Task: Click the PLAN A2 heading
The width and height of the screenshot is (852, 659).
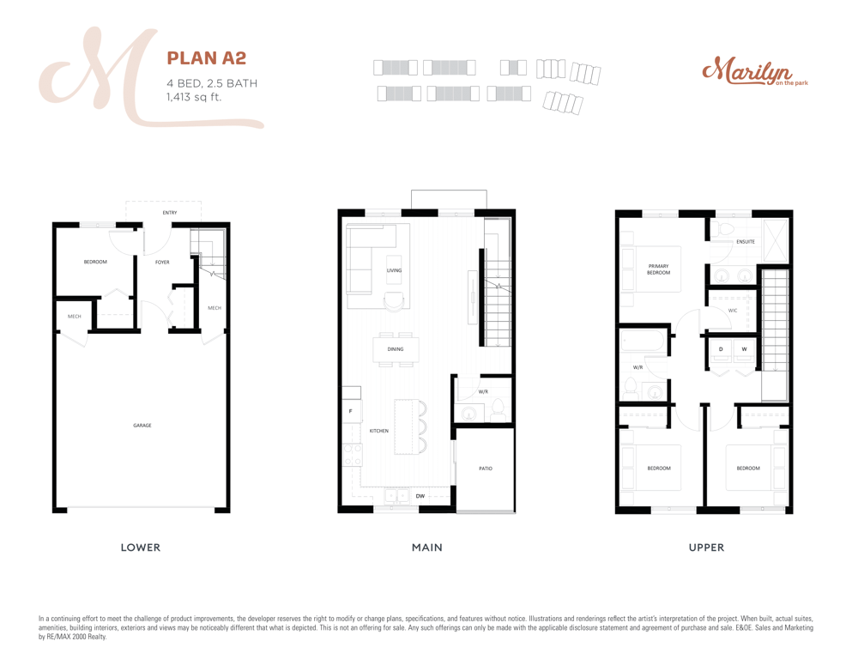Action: (x=207, y=58)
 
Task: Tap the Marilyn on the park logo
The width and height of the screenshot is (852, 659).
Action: (x=755, y=71)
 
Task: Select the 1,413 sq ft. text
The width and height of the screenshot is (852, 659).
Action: (x=194, y=97)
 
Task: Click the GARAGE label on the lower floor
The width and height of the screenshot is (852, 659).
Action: (x=142, y=426)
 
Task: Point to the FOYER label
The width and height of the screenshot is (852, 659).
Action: (x=162, y=263)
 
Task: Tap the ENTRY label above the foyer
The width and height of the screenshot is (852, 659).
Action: (x=170, y=213)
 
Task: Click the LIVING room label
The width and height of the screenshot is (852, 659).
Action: (x=395, y=270)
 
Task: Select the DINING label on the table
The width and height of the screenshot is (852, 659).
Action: (x=396, y=349)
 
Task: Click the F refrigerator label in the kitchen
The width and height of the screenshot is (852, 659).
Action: (x=350, y=411)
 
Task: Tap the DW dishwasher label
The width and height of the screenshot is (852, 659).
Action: (x=420, y=496)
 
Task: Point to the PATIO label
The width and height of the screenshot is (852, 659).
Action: (x=486, y=469)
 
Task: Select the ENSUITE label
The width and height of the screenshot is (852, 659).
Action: (x=746, y=242)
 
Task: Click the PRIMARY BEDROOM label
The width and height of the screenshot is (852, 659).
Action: (x=659, y=269)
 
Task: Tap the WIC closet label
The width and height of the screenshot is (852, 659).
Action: (x=733, y=311)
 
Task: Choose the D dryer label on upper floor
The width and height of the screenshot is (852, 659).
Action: (x=721, y=349)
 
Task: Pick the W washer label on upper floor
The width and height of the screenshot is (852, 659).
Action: (x=745, y=349)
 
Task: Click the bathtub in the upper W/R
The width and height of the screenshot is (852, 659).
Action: (x=644, y=342)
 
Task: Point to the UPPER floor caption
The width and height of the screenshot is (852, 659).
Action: (x=706, y=547)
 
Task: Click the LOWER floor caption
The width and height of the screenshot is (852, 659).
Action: (x=141, y=547)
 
